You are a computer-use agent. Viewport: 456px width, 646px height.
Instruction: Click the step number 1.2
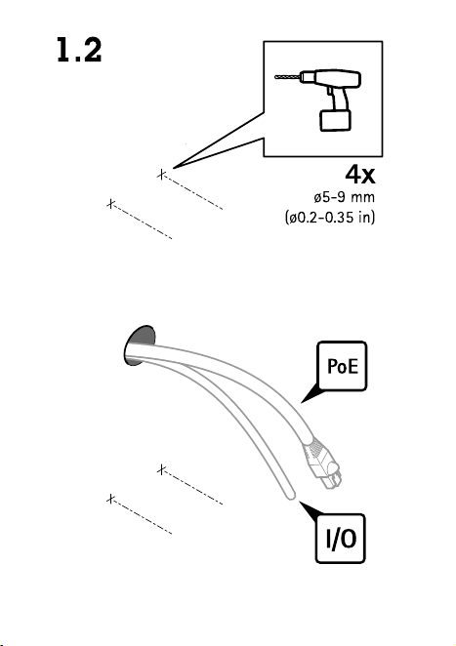coord(79,51)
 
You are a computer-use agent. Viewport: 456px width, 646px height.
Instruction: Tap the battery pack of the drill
coord(336,120)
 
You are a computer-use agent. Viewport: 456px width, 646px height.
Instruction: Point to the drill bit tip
coord(275,77)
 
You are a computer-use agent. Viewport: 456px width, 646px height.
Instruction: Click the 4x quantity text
coord(360,174)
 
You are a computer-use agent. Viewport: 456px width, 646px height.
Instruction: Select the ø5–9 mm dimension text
coord(345,197)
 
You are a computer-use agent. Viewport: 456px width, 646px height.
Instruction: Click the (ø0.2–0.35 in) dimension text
coord(330,217)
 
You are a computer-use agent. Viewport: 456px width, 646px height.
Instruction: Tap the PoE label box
coord(342,366)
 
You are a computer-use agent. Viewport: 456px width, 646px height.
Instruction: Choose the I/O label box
coord(341,539)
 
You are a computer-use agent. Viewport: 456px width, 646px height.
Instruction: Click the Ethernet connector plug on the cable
coord(323,464)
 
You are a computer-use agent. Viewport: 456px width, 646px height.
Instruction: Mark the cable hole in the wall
coord(140,345)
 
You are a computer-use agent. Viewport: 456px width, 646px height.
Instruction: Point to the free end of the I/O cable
coord(292,496)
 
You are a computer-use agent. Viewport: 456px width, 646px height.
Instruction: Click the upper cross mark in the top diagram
coord(162,175)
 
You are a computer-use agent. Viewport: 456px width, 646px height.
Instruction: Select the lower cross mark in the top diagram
coord(110,204)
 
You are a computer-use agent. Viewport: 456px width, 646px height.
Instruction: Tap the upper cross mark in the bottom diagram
coord(162,469)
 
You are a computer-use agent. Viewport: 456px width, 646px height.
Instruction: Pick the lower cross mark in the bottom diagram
coord(110,499)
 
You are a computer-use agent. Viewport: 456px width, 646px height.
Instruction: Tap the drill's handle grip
coord(338,98)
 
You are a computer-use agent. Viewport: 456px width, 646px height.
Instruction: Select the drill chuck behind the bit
coord(306,77)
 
